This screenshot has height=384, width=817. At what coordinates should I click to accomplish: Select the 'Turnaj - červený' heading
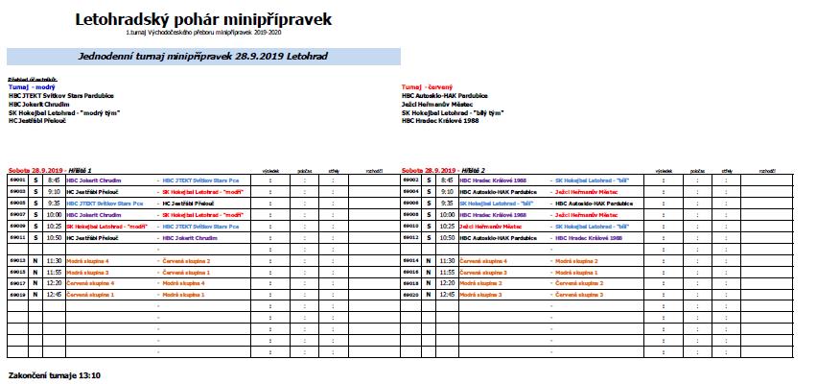427,86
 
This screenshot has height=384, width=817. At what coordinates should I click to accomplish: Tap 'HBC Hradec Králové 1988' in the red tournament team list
441,121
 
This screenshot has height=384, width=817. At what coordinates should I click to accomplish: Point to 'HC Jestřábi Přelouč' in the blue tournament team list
39,121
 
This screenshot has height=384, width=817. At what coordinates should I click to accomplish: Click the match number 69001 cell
17,180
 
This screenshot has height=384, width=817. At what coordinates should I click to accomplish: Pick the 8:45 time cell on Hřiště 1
54,180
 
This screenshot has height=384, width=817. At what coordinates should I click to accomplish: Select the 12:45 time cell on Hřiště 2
447,295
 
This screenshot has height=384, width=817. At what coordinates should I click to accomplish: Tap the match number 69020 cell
410,295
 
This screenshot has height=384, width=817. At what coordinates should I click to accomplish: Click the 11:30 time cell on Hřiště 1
54,260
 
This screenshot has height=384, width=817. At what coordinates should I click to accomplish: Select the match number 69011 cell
17,237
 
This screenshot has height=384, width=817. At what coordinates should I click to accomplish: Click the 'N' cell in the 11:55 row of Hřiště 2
429,272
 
